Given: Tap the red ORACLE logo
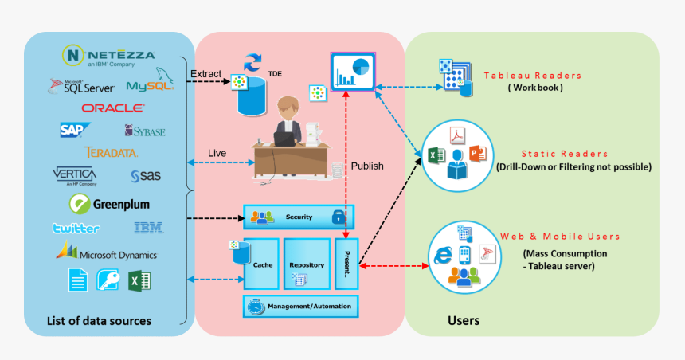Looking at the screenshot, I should click(112, 108).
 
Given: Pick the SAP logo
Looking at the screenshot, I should click(74, 129).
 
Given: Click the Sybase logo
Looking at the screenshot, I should click(144, 131).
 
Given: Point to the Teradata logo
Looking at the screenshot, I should click(111, 152).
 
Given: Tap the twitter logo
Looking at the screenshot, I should click(76, 229).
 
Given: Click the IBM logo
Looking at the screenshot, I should click(149, 229).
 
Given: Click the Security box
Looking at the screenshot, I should click(299, 217).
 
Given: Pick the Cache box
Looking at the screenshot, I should click(261, 263).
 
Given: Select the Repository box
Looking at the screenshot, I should click(306, 263).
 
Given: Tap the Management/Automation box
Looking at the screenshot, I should click(301, 306).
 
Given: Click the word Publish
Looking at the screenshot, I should click(367, 166).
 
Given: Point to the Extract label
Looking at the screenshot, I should click(205, 75).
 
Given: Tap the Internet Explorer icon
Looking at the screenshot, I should click(442, 255).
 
